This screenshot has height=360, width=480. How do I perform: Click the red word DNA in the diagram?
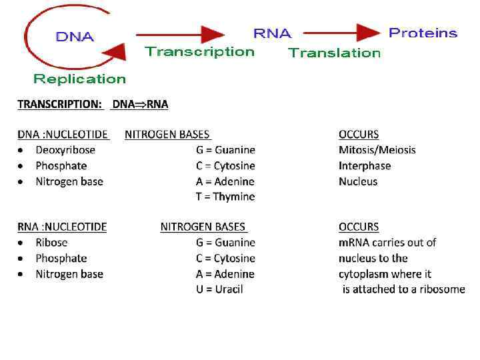click(75, 37)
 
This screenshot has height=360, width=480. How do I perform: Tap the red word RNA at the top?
click(272, 33)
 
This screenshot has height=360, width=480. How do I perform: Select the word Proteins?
click(423, 33)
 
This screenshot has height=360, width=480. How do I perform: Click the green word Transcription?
click(199, 51)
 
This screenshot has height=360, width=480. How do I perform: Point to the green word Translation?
click(334, 53)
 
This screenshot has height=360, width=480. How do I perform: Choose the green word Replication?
click(79, 79)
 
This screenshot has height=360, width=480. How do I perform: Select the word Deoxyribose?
click(65, 150)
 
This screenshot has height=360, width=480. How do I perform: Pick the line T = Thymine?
click(225, 197)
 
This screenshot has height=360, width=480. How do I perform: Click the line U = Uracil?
click(219, 289)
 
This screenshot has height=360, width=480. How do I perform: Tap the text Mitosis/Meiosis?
click(377, 150)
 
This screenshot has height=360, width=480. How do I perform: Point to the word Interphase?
click(365, 166)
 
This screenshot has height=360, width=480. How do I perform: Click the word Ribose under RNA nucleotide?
click(51, 243)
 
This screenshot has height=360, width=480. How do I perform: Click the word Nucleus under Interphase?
click(358, 181)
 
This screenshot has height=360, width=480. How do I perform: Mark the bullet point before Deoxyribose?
click(22, 151)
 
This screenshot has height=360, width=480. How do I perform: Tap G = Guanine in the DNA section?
click(225, 150)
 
